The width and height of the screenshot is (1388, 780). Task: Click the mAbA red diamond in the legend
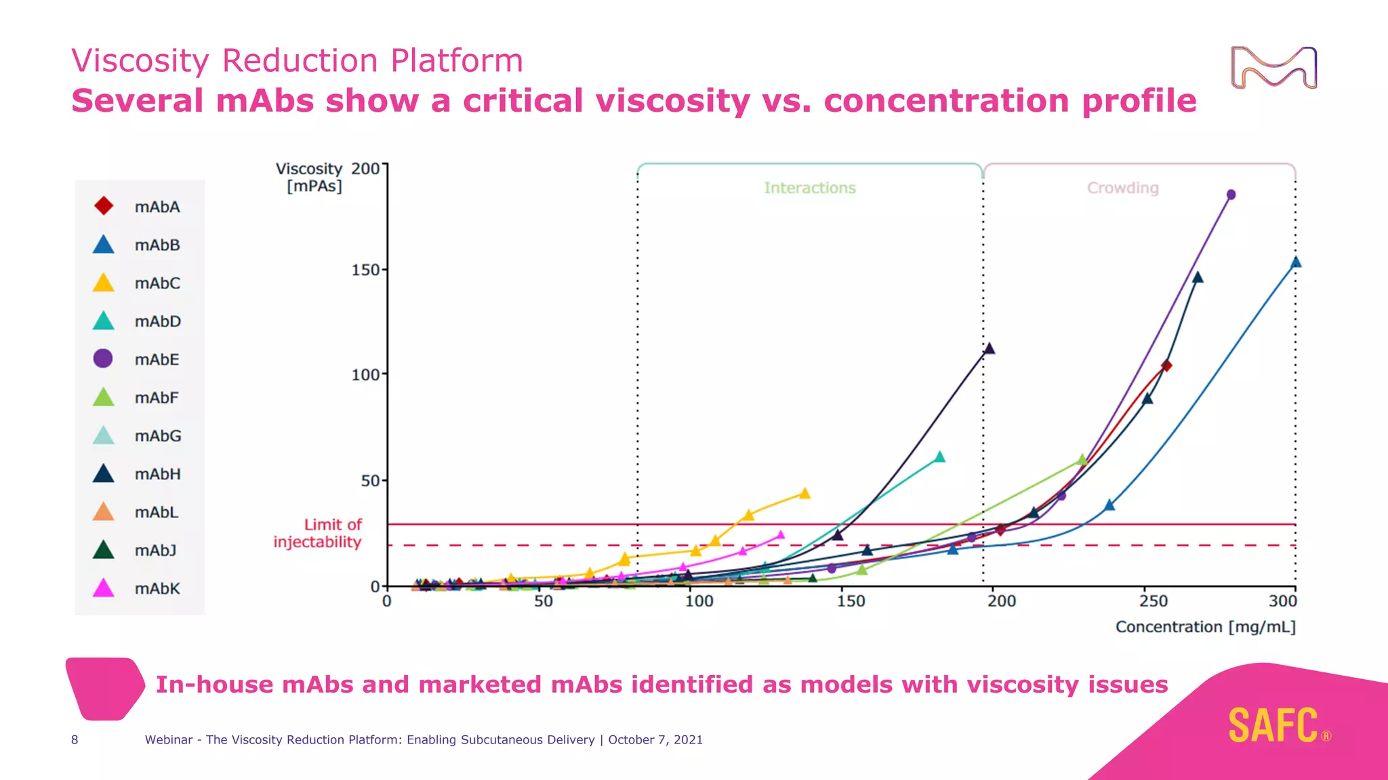coord(104,206)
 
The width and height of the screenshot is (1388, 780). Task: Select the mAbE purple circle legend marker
coord(103,358)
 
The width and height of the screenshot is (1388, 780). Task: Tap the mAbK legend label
coord(157,588)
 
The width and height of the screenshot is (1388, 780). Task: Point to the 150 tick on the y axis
coord(365,269)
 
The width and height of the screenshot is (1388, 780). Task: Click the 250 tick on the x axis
coord(1154,601)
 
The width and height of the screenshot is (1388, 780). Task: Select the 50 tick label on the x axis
coord(543,601)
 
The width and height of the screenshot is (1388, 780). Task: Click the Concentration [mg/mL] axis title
coord(1205,627)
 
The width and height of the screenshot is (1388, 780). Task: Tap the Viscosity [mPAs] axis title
coord(310,177)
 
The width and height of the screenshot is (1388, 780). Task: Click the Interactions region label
coord(810,188)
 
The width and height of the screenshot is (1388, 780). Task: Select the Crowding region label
coord(1123,188)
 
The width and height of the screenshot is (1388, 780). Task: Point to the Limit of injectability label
coord(319,533)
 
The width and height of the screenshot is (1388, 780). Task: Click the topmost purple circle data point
coord(1231,195)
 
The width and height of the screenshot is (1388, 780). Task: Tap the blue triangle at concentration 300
coord(1295,262)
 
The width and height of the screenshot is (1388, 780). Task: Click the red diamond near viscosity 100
coord(1166,366)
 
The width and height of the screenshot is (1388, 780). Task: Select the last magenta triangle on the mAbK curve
coord(780,535)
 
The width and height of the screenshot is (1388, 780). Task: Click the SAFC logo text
coord(1273,726)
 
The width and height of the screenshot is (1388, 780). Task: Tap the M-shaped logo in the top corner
coord(1273,67)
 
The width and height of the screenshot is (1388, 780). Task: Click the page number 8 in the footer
coord(75,739)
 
